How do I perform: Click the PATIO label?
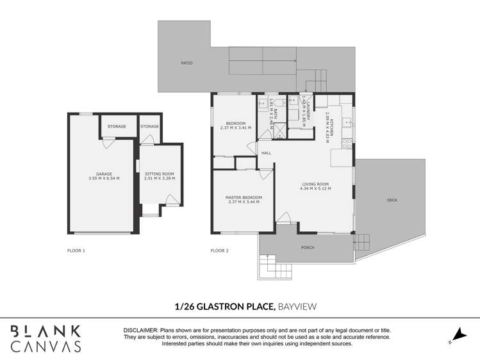[x=186, y=63]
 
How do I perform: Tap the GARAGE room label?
[x=104, y=174]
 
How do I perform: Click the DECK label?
[x=392, y=200]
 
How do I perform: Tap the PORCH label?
[x=308, y=247]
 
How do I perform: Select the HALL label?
[x=266, y=153]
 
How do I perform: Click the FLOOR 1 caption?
[x=76, y=250]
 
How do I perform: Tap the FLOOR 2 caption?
[x=220, y=250]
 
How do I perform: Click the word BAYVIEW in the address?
[x=297, y=307]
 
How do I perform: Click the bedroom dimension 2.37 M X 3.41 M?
[x=235, y=128]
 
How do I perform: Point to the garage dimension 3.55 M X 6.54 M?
[x=104, y=178]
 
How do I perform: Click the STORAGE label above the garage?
[x=117, y=127]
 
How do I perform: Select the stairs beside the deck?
[x=362, y=242]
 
